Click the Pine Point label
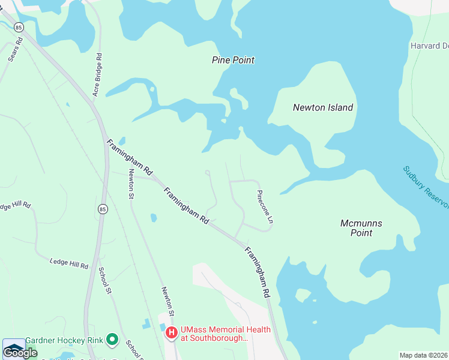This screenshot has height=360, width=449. (x=233, y=60)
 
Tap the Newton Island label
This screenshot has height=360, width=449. (x=322, y=108)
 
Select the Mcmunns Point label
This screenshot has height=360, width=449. (x=361, y=228)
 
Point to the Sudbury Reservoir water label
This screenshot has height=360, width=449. (x=426, y=187)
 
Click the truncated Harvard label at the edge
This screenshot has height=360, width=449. (x=429, y=46)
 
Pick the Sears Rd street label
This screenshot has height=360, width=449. (x=16, y=50)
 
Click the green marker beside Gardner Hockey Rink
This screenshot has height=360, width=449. (x=112, y=340)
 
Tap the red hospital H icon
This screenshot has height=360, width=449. (x=171, y=332)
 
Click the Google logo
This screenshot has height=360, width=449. (x=19, y=353)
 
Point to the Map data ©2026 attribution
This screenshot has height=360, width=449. (x=424, y=355)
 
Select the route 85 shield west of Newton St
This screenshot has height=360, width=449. (x=103, y=209)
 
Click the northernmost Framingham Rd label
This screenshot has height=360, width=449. (x=130, y=158)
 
